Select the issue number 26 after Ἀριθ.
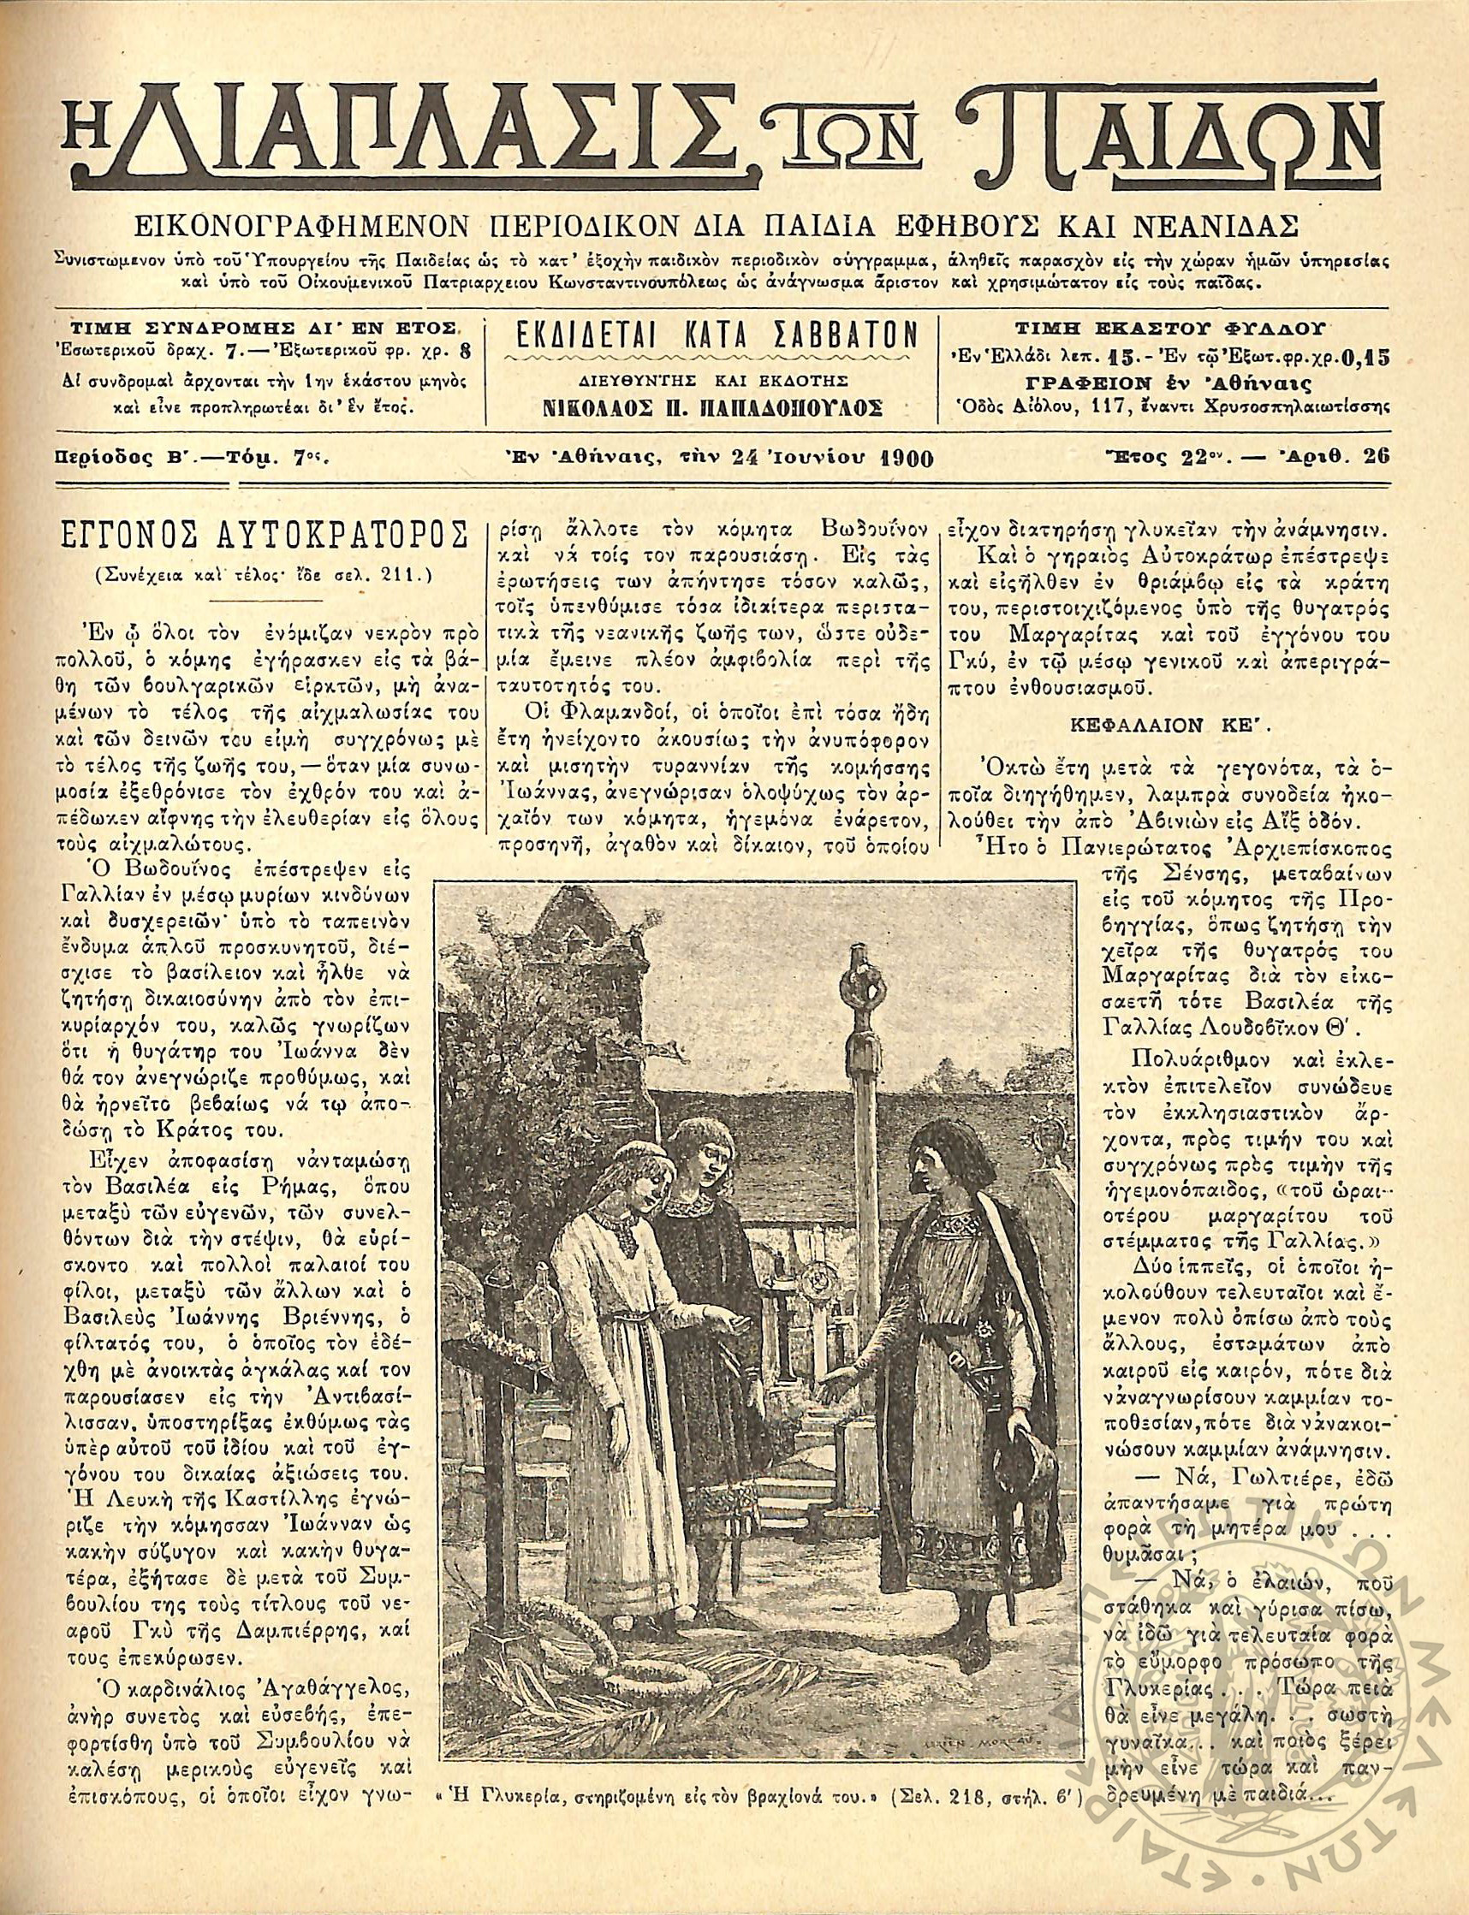click(1375, 456)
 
